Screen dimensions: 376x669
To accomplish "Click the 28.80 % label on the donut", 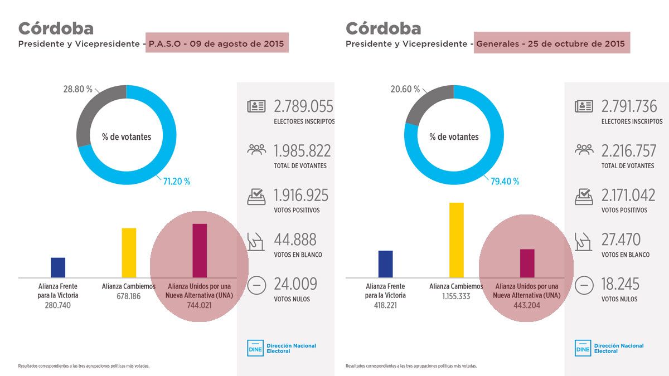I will click(77, 89).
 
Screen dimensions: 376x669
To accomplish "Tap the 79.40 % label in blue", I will click(505, 181).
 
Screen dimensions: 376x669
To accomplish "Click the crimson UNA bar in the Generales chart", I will click(527, 263).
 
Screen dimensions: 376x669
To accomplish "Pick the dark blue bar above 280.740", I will click(58, 267).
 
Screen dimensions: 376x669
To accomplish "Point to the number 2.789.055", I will click(303, 106).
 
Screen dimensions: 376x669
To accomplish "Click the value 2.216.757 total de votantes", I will click(629, 150).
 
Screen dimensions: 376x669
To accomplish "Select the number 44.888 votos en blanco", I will click(295, 240).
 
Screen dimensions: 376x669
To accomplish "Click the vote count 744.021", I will click(200, 305).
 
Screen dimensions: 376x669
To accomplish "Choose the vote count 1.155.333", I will click(456, 296).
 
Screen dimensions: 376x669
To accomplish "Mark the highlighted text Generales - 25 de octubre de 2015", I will click(552, 43).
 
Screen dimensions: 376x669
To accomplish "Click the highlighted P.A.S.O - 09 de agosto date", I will click(217, 43).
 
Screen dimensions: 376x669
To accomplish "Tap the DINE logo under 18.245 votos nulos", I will click(583, 348).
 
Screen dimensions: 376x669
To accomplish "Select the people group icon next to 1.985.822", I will click(256, 150).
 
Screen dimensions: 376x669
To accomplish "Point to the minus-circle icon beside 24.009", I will click(256, 285).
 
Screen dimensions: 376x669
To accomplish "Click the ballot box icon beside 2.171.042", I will click(584, 196).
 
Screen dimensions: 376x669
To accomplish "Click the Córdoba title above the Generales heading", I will click(383, 28).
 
